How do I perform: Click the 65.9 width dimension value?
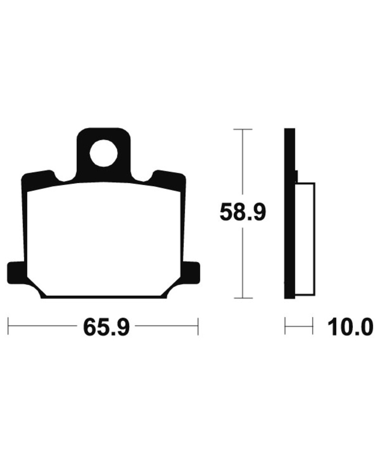tap(106, 327)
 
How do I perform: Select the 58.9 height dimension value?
tap(243, 212)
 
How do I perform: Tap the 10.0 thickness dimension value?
tap(351, 327)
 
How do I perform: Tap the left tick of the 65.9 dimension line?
tap(8, 326)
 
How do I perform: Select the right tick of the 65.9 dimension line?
tap(198, 326)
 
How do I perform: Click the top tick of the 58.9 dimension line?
tap(243, 130)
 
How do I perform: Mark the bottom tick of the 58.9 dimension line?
tap(243, 298)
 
